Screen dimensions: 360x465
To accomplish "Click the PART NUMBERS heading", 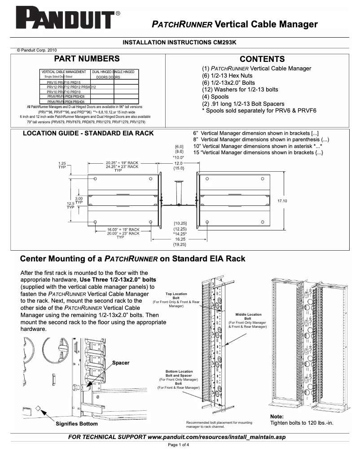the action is pos(87,59).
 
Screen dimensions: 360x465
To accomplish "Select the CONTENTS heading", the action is pos(262,59).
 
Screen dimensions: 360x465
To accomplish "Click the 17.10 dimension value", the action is pos(282,201).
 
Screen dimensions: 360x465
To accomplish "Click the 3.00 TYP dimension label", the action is pos(79,200).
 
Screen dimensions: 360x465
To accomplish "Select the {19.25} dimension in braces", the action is pos(180,245).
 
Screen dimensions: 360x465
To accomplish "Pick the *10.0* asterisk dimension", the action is pos(179,157).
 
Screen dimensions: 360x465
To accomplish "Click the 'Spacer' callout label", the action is pos(121,362).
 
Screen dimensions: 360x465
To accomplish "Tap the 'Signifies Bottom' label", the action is pos(76,424).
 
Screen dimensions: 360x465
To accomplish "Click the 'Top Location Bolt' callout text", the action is pos(176,296).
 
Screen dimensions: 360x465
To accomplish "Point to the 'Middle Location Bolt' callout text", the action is pos(248,317).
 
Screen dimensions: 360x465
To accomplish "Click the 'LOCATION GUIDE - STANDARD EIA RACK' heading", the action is pos(88,133).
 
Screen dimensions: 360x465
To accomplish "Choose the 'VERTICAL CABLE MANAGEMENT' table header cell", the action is pos(64,72).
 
